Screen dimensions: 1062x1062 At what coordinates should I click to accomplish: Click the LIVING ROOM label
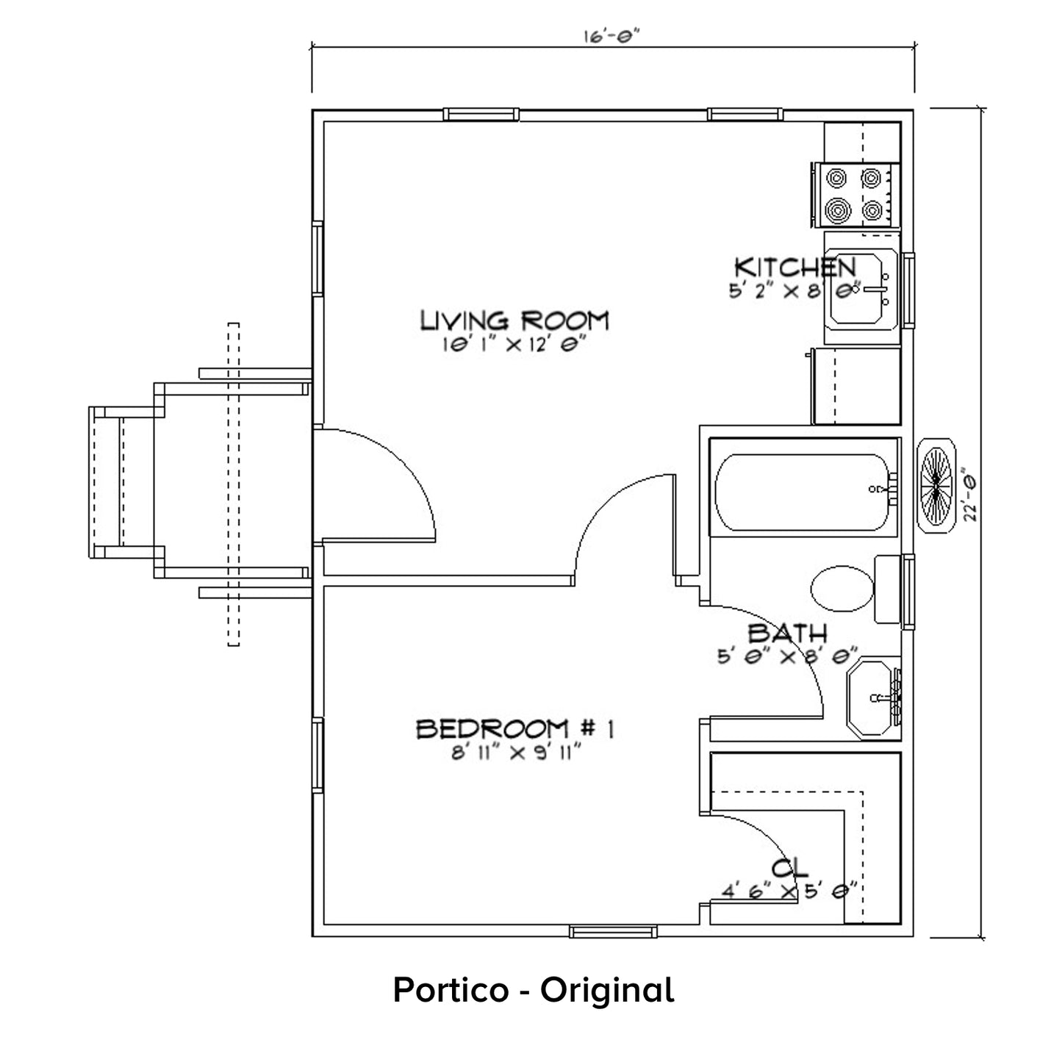tap(514, 320)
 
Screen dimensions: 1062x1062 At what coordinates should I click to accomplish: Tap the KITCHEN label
tap(795, 268)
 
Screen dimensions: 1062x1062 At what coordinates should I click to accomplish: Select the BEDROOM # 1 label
tap(515, 730)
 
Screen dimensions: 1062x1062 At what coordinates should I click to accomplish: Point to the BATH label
tap(787, 634)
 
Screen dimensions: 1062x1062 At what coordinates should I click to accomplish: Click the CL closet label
tap(790, 869)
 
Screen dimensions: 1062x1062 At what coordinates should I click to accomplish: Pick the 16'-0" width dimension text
tap(611, 36)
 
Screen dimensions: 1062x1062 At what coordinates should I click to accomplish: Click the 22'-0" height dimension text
tap(970, 495)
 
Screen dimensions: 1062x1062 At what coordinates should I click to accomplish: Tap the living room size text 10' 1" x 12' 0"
tap(513, 345)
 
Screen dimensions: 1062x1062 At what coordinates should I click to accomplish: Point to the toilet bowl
tap(842, 589)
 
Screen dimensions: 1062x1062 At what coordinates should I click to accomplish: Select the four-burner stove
tap(855, 195)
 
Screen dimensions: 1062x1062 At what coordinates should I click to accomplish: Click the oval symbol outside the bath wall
tap(936, 486)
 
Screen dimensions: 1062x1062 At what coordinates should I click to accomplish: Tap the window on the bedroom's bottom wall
tap(613, 932)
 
